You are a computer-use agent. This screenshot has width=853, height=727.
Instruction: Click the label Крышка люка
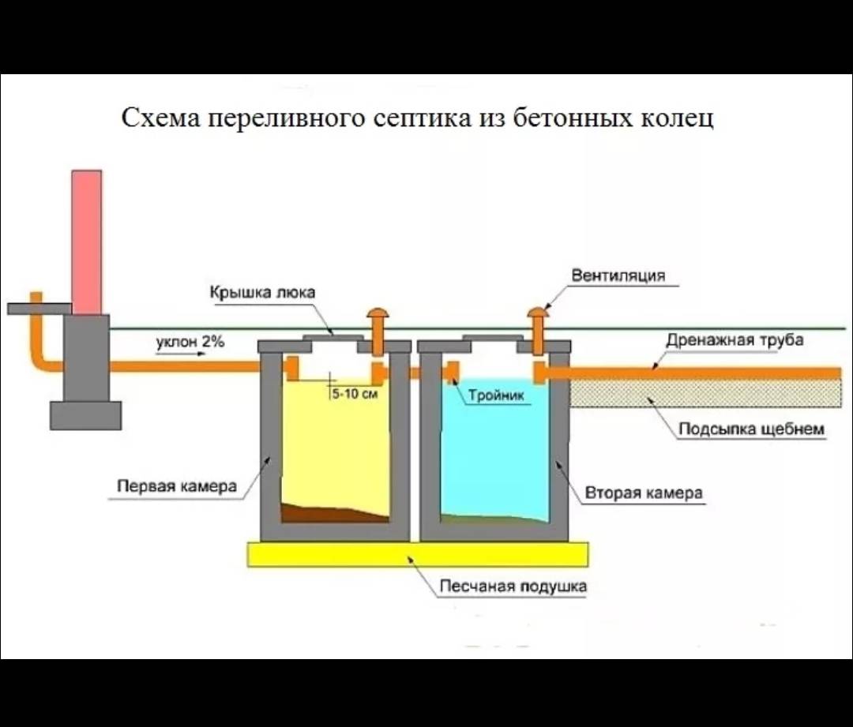(262, 293)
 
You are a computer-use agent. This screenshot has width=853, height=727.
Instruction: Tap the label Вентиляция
(618, 275)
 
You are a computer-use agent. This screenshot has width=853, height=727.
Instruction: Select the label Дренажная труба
(735, 340)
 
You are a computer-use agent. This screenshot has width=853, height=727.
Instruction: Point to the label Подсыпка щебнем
(752, 429)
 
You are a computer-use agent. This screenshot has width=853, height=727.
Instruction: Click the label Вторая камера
(644, 493)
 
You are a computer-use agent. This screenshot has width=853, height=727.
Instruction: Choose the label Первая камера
(177, 486)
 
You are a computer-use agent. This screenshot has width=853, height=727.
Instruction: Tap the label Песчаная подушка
(513, 586)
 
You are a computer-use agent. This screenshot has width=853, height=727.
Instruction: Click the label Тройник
(496, 395)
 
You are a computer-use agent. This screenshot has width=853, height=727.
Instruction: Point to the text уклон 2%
(190, 342)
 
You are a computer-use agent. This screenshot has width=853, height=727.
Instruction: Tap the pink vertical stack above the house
(87, 241)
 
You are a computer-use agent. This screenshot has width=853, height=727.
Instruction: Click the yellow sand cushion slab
(418, 554)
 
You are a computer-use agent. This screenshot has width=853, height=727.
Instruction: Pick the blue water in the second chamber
(494, 458)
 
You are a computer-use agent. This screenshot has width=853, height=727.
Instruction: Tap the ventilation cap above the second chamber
(539, 313)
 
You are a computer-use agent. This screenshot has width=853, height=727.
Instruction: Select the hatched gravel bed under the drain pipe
(703, 393)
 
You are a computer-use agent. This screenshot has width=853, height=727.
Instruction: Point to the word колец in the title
(679, 118)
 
